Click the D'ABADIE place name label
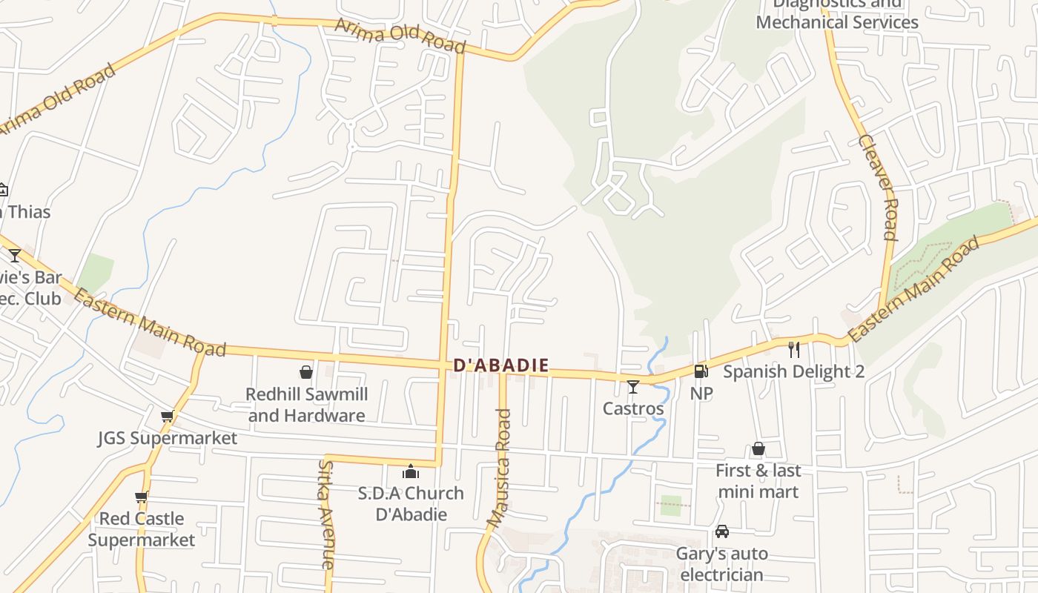(x=501, y=365)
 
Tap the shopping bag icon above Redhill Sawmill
(x=305, y=372)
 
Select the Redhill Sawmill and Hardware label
(x=306, y=405)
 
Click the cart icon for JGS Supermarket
(x=168, y=417)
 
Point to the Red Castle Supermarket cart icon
(x=142, y=497)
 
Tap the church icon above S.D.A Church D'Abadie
(x=411, y=471)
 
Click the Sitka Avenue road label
(x=327, y=514)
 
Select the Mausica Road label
(x=500, y=468)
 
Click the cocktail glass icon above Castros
(x=632, y=387)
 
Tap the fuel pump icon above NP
(x=701, y=371)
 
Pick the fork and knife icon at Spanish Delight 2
(x=794, y=349)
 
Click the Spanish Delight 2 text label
(x=793, y=371)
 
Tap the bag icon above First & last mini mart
(x=758, y=448)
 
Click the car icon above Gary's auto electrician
(x=721, y=531)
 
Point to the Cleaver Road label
(x=879, y=187)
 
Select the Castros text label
(x=633, y=408)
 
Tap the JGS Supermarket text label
(x=168, y=438)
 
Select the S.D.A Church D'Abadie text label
(x=411, y=503)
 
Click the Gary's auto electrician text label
(x=721, y=564)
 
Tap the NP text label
(x=701, y=394)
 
